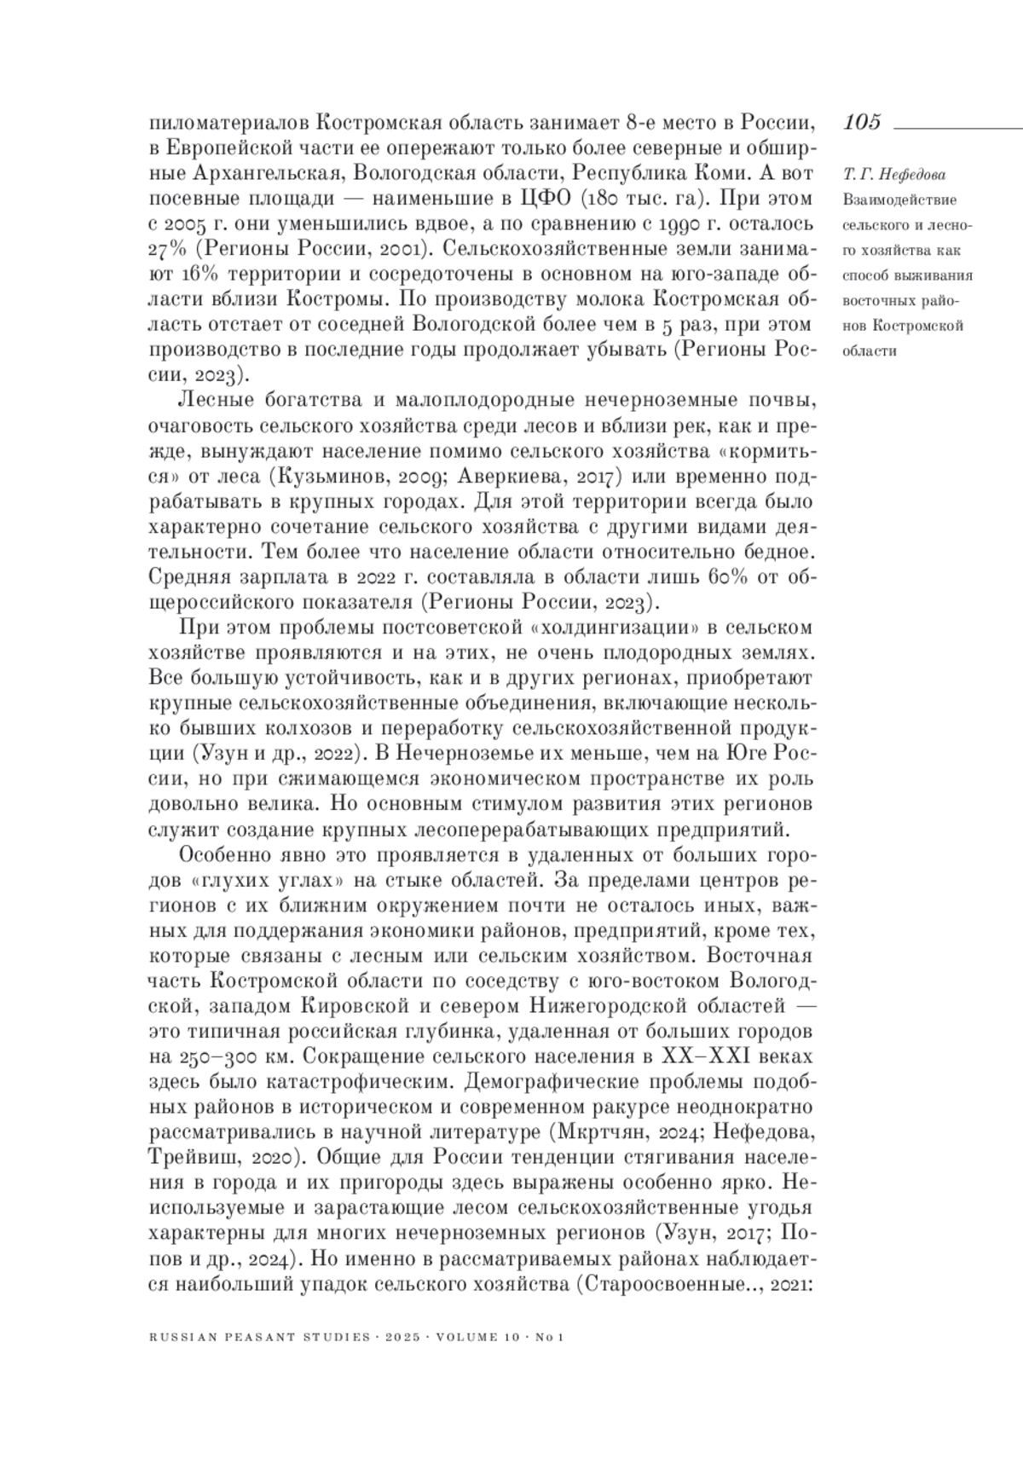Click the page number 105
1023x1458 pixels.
point(862,123)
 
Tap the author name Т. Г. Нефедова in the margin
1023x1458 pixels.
point(887,176)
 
